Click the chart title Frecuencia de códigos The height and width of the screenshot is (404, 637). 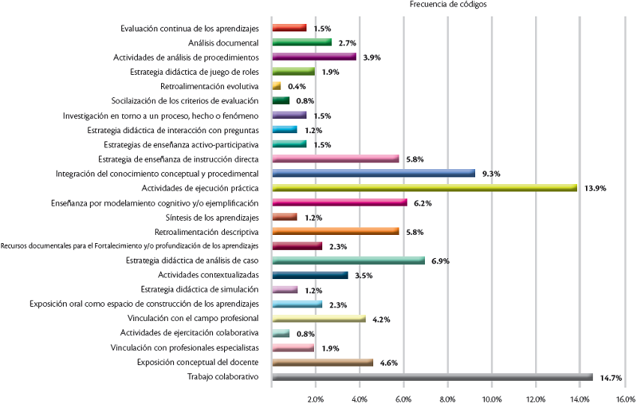448,4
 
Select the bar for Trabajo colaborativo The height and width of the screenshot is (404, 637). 432,377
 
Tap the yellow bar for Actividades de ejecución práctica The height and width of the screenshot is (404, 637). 424,188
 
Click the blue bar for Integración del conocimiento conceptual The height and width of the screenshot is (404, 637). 373,174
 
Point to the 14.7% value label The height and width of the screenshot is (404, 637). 611,378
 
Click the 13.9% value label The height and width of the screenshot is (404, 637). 594,189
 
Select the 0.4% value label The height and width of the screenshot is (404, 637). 297,87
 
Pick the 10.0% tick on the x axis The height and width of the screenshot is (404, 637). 492,397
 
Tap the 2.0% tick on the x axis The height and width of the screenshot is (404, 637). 316,397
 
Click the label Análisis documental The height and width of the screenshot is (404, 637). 223,43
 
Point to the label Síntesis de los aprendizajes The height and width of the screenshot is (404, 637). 212,217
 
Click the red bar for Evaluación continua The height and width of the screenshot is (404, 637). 289,28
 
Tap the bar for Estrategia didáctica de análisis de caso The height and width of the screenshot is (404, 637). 348,260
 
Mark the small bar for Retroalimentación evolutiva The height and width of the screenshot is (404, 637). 277,86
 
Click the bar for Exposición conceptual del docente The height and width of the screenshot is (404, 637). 323,363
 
